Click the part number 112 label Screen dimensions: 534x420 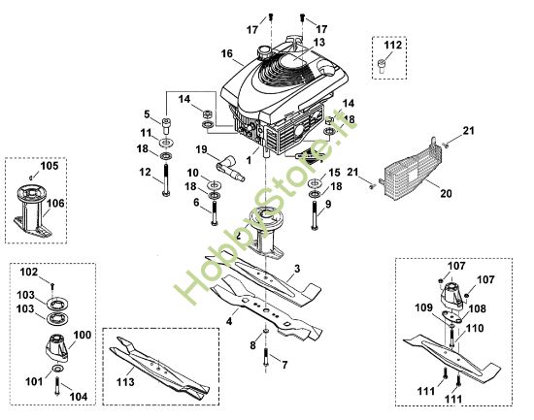coord(392,45)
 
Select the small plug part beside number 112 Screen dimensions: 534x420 coord(382,66)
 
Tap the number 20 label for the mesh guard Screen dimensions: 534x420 coord(447,194)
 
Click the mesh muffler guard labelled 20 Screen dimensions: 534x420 coord(414,170)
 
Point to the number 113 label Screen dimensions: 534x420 coord(125,382)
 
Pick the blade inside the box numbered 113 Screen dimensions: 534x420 coord(159,368)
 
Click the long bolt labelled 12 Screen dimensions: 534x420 coord(166,180)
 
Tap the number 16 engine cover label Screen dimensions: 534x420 coord(227,53)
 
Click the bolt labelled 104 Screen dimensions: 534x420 coord(57,386)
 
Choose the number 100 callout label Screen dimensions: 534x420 coord(83,335)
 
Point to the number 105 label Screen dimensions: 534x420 coord(50,166)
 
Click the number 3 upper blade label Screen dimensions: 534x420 coord(297,269)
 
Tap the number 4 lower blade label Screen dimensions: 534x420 coord(229,321)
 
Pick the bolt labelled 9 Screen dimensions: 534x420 coord(315,215)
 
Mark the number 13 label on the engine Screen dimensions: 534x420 coord(319,43)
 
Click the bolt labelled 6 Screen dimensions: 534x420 coord(214,213)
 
